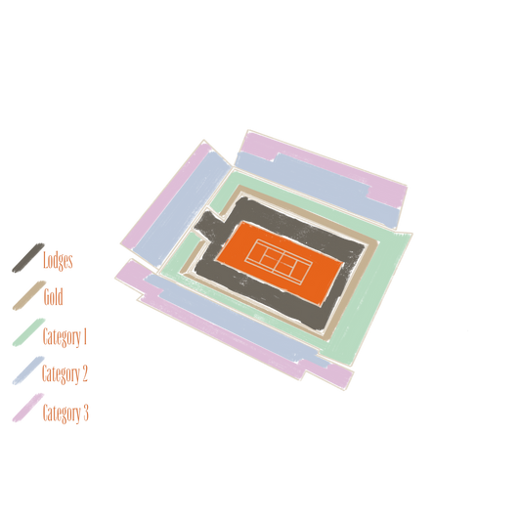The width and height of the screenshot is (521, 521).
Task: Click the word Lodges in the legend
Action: (x=58, y=260)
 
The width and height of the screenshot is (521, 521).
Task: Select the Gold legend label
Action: (x=53, y=296)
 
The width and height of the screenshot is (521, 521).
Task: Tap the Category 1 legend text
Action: (x=65, y=336)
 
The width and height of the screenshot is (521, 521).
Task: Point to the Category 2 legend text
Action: (x=65, y=373)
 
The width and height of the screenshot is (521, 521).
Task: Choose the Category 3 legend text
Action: (x=65, y=413)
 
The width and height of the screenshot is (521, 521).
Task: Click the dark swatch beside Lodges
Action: (x=28, y=258)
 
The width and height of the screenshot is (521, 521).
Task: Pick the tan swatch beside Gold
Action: (x=29, y=295)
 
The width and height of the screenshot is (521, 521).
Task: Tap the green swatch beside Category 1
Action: (x=29, y=332)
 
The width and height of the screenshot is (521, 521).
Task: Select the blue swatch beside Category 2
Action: (x=28, y=370)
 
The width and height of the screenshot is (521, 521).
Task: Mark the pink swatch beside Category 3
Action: (x=28, y=408)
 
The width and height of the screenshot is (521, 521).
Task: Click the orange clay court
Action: (x=280, y=263)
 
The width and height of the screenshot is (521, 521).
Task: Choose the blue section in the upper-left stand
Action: (x=181, y=207)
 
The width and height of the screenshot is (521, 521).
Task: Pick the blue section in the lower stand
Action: (x=233, y=318)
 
